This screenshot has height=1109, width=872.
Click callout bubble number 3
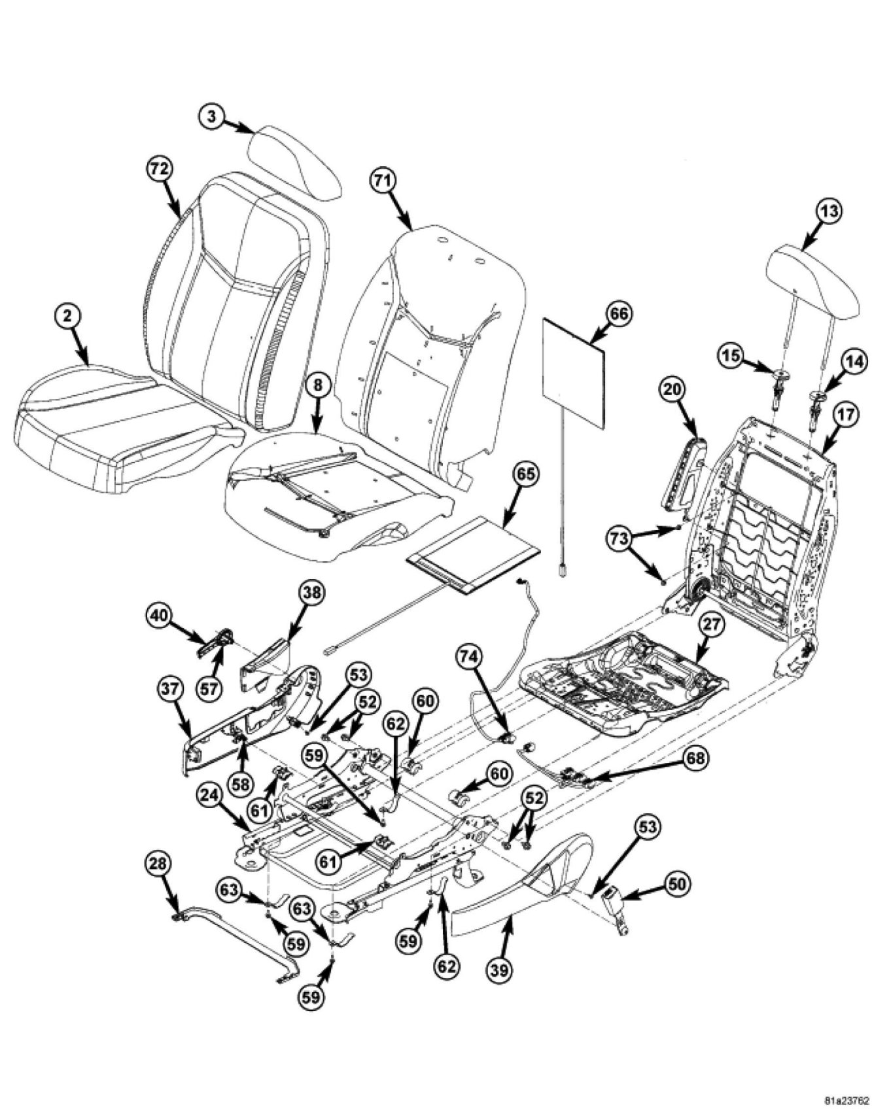pyautogui.click(x=211, y=118)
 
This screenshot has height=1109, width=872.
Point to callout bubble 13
pyautogui.click(x=829, y=211)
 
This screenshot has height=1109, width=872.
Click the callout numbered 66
pyautogui.click(x=618, y=314)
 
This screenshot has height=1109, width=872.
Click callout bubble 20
pyautogui.click(x=672, y=391)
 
